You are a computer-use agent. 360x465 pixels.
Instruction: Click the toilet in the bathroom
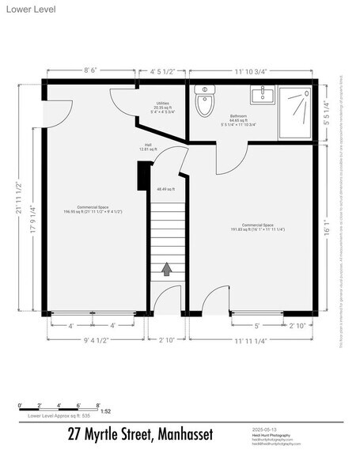pos(205,103)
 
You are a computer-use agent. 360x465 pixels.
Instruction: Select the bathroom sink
pos(261,96)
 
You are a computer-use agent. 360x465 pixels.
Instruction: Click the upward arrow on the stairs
pos(167,268)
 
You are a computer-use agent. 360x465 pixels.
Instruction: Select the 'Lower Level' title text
pos(24,8)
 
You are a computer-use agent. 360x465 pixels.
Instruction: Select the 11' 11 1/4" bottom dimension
pos(252,341)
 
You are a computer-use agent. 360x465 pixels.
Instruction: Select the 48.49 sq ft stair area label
pos(166,189)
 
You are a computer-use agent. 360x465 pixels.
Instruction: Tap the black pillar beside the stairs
pos(143,175)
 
